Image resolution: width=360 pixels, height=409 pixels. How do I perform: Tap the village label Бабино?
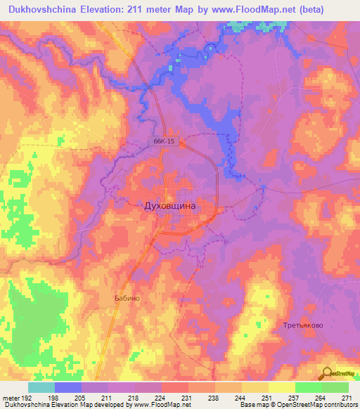(127, 298)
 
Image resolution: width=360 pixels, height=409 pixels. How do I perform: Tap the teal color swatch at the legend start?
(41, 387)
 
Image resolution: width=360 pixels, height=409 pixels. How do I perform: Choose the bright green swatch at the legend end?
(335, 387)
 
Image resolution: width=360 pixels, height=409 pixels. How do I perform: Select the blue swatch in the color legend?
(68, 387)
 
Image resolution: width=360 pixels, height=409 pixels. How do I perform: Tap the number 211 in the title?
(151, 10)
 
